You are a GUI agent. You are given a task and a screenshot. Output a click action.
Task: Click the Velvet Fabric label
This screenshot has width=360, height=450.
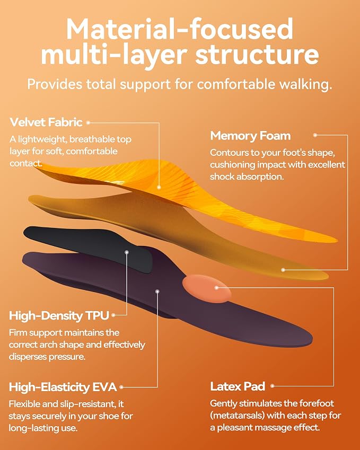46,122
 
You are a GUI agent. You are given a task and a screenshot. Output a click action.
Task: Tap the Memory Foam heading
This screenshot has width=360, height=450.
250,136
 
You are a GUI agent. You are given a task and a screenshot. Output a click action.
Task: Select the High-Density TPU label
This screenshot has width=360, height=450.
59,315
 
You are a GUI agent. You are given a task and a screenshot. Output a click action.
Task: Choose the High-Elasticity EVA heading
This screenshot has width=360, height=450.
63,387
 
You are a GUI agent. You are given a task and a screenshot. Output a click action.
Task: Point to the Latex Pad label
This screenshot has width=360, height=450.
238,386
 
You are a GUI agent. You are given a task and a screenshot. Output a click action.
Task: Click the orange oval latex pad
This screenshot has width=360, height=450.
207,289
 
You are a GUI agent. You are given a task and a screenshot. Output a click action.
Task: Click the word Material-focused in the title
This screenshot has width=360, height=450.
180,30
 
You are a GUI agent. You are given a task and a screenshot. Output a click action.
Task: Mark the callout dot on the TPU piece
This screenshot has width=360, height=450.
127,252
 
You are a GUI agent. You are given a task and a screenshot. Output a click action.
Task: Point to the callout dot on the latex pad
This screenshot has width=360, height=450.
216,287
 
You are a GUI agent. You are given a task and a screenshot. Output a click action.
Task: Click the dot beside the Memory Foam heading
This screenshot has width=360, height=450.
315,135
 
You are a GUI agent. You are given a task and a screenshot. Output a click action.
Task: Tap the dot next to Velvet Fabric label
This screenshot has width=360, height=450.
88,122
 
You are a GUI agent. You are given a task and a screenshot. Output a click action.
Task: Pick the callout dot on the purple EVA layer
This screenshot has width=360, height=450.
157,292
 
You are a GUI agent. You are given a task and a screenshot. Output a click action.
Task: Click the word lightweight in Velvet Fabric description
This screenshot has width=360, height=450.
42,139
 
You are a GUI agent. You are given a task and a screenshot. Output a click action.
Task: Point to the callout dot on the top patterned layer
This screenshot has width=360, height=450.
159,188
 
